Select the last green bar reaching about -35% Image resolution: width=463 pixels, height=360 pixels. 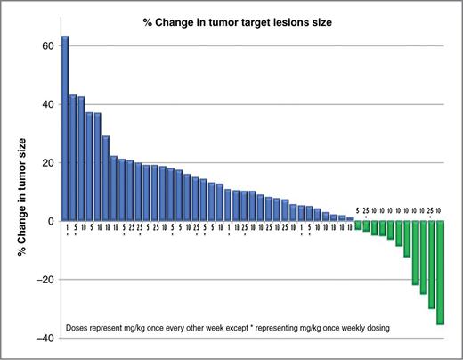pos(440,273)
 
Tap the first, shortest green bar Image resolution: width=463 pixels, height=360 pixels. pos(358,225)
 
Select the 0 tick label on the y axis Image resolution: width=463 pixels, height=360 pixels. pos(52,221)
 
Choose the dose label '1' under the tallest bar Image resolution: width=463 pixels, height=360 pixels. pos(65,228)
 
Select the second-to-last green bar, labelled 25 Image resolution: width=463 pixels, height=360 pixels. pos(431,265)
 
